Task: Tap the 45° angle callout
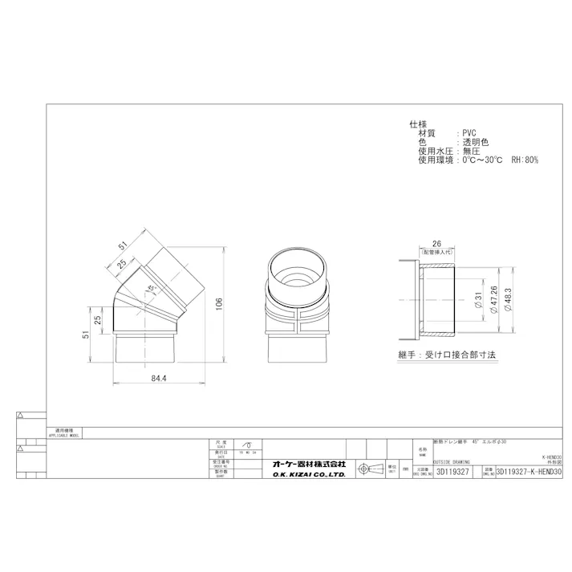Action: (x=152, y=288)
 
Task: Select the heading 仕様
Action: (x=418, y=124)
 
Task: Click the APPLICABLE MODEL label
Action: (x=64, y=436)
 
